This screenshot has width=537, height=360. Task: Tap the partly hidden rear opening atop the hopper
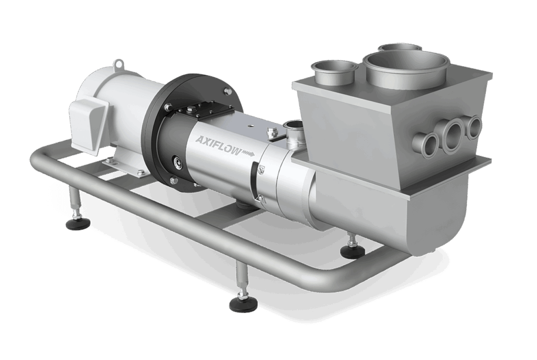click(x=400, y=47)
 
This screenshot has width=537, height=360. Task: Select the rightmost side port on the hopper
click(x=475, y=126)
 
